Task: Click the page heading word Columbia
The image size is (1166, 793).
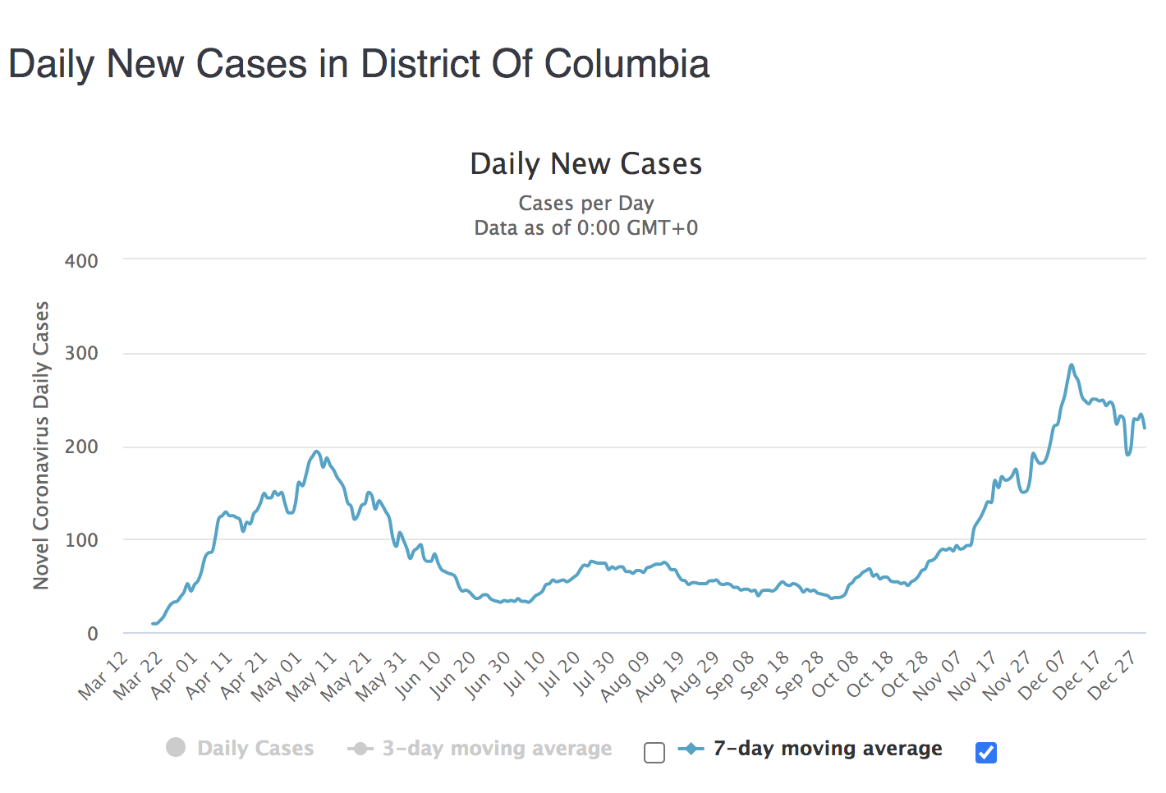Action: coord(627,64)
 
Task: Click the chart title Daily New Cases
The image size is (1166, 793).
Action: coord(585,164)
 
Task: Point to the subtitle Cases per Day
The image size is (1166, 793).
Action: coord(585,203)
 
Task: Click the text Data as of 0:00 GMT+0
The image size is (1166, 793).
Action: coord(585,227)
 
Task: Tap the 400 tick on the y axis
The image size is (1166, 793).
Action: coord(81,261)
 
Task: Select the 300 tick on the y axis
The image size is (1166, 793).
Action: coord(81,354)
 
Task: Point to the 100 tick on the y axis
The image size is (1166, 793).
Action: coord(81,540)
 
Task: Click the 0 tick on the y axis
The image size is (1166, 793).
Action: coord(92,634)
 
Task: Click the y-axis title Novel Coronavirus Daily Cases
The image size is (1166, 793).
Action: coord(41,445)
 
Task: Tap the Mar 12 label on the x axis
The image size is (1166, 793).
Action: coord(104,675)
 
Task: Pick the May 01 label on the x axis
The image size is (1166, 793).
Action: coord(278,675)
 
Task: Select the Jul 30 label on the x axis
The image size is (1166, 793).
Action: coord(592,675)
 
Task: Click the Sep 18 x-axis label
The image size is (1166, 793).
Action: coord(765,675)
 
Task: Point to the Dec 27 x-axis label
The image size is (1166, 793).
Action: coord(1113,675)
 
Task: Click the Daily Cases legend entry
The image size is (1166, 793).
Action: coord(255,748)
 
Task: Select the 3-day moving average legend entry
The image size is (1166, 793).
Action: coord(496,748)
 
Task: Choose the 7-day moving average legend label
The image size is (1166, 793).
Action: coord(827,748)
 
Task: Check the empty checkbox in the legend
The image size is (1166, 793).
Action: coord(654,753)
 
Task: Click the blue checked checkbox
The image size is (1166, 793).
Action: coord(986,752)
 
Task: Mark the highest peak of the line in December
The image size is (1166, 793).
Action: coord(1072,364)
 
